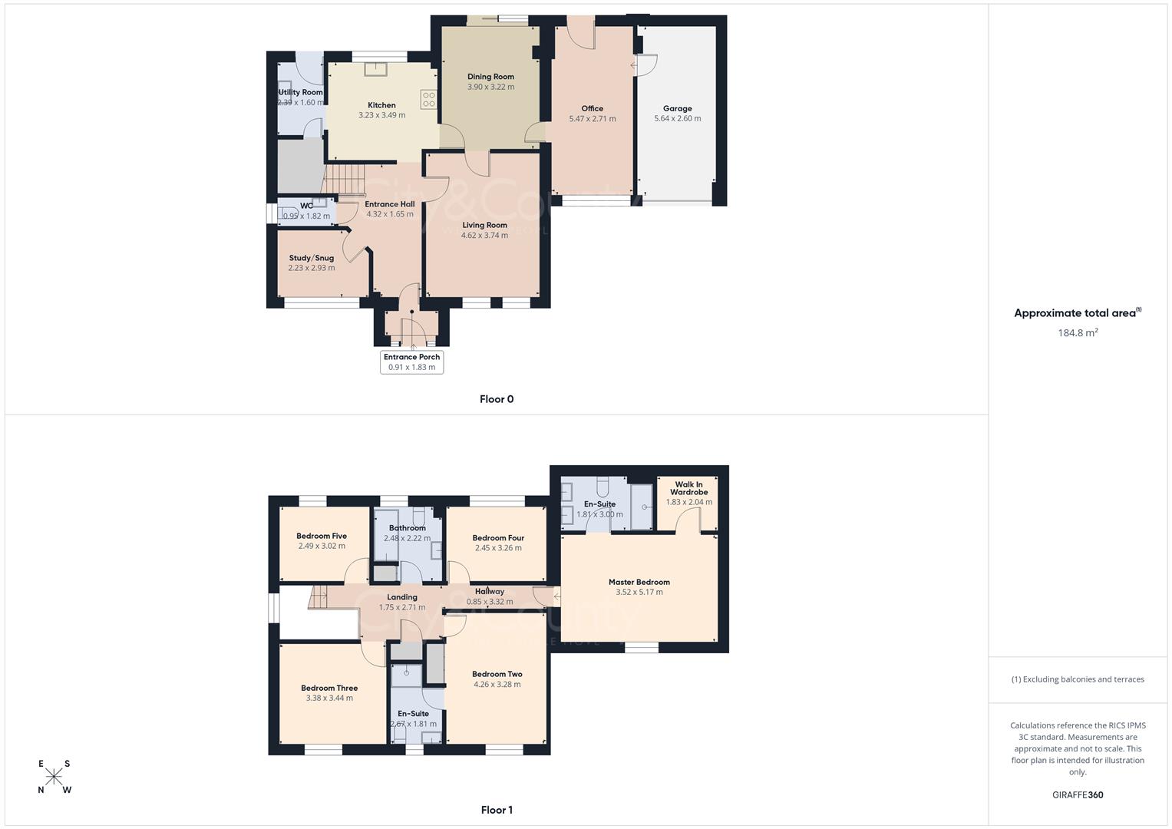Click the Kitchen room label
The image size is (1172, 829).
[381, 105]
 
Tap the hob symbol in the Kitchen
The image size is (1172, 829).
[428, 100]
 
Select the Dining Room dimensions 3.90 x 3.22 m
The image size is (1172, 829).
[490, 87]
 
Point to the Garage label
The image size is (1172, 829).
[677, 108]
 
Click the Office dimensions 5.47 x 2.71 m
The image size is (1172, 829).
[592, 119]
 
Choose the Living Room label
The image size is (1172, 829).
[484, 225]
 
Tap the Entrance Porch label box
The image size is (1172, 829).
[411, 362]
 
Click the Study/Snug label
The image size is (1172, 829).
[311, 258]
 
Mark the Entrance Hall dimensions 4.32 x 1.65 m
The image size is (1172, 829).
[389, 214]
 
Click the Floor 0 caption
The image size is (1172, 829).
[496, 399]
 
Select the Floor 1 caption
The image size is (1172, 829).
[496, 810]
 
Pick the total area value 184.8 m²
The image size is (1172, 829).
[1078, 332]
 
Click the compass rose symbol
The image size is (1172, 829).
[54, 777]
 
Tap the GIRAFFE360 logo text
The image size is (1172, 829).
[1078, 795]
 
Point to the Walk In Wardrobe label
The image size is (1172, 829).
[688, 488]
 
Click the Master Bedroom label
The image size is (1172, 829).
[639, 582]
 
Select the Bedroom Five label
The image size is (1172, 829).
[322, 536]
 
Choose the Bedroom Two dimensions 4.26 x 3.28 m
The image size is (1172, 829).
[497, 685]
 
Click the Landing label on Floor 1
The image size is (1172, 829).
[401, 597]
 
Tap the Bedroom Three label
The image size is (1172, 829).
[329, 688]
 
